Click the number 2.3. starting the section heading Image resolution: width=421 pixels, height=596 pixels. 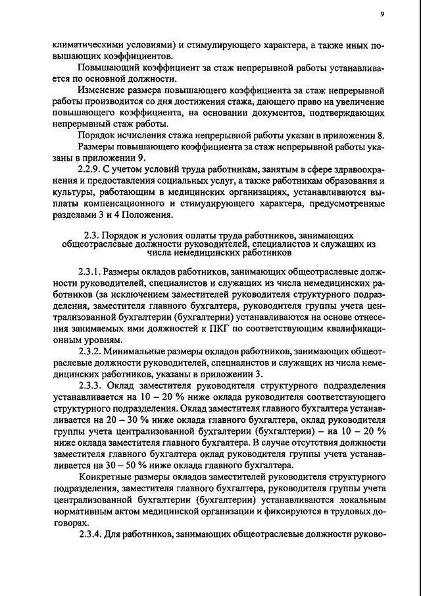point(93,234)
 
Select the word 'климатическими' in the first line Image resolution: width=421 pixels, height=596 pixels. point(86,45)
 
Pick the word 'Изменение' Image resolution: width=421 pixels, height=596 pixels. point(100,89)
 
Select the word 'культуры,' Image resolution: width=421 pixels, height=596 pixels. point(72,191)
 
